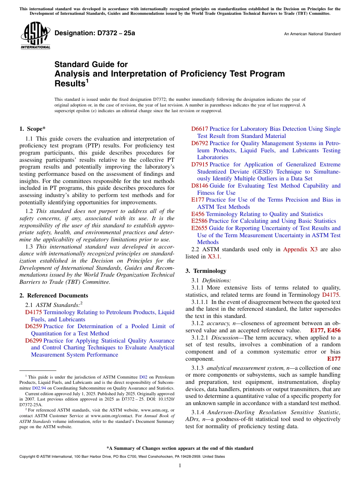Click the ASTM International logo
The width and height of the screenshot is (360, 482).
click(35, 36)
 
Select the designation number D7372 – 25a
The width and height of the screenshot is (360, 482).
click(95, 33)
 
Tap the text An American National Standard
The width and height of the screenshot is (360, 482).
click(312, 34)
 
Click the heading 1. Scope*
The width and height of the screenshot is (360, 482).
click(33, 129)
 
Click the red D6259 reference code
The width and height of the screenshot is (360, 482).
click(33, 326)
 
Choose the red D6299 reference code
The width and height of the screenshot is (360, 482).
click(33, 341)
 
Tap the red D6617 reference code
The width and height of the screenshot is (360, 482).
click(199, 129)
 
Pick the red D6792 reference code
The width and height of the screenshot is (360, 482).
click(199, 143)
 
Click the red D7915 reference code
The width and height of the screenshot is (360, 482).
click(199, 164)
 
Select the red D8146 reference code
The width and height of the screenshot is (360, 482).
click(199, 186)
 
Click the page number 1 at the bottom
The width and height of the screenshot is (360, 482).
click(180, 466)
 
